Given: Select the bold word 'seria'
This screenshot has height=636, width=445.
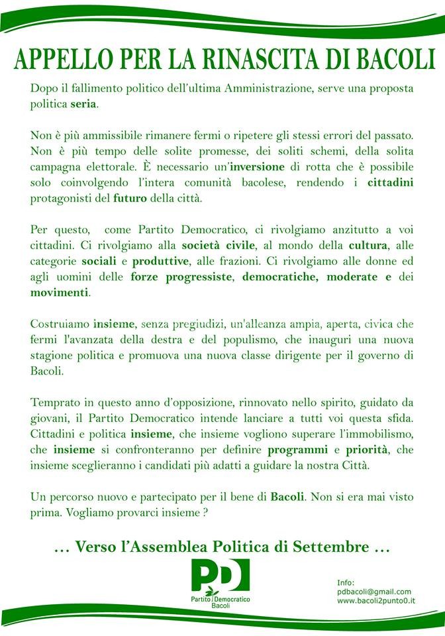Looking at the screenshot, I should click(x=83, y=105).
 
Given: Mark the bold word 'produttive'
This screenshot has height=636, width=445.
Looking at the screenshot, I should click(x=142, y=260).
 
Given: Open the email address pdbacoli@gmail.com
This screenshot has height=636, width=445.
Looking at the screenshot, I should click(x=374, y=591).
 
